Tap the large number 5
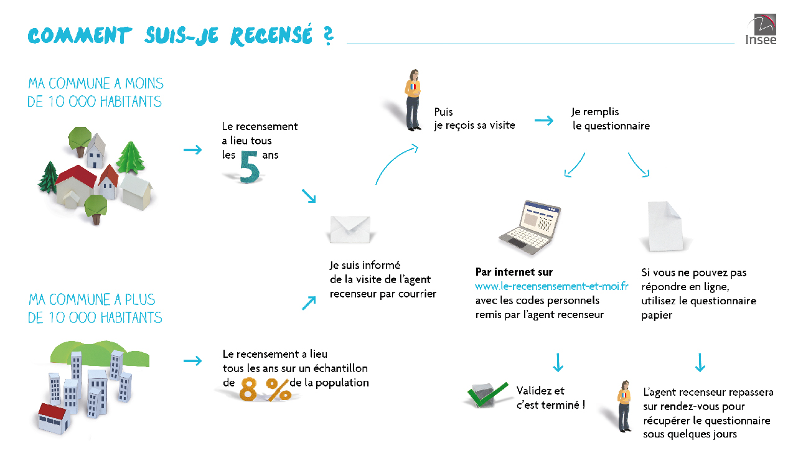click(250, 164)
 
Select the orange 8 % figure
click(266, 390)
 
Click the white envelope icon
click(350, 229)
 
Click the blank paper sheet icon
click(664, 225)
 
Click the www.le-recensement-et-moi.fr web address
click(551, 286)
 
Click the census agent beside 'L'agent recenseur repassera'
click(624, 406)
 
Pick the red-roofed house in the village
click(77, 184)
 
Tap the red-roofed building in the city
click(52, 418)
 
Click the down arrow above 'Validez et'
click(557, 362)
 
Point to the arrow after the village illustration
click(193, 150)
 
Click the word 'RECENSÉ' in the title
click(271, 36)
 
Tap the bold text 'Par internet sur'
click(514, 272)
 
